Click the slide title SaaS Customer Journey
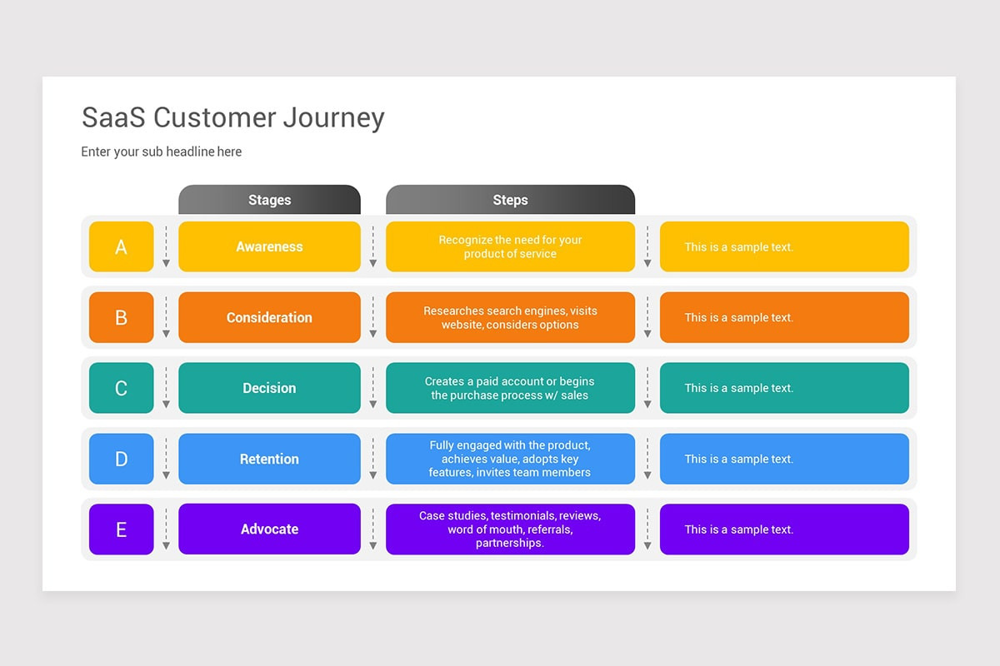pos(232,117)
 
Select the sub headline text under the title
pos(161,152)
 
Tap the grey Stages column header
pos(269,200)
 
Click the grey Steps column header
pos(510,200)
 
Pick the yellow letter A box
pos(122,246)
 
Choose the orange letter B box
pos(122,317)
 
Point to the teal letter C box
pos(122,388)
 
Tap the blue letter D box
pos(122,459)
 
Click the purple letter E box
pos(122,529)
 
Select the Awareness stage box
pos(269,246)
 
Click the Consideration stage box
pos(269,317)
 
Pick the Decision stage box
pos(269,388)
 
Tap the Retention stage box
pos(269,459)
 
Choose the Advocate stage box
pos(269,529)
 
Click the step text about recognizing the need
pos(510,246)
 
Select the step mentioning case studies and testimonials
pos(510,529)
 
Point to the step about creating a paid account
pos(510,388)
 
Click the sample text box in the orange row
pos(783,317)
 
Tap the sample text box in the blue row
pos(783,459)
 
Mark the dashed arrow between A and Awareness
pos(166,246)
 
